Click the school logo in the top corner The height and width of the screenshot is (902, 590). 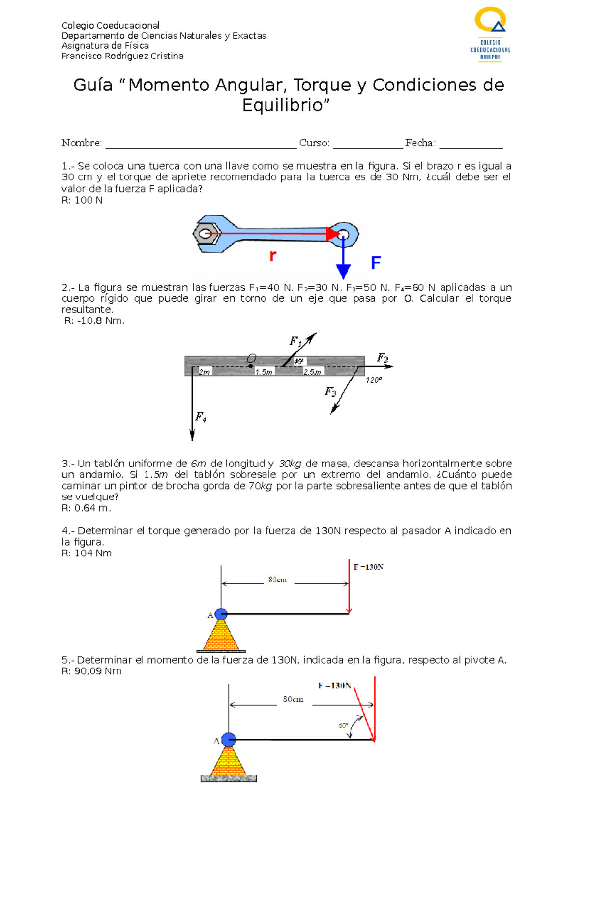(490, 34)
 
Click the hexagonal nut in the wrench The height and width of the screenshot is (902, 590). (206, 234)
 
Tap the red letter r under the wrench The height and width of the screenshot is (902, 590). (273, 256)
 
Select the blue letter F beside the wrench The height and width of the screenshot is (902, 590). (376, 263)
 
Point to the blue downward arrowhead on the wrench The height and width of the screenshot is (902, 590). (343, 271)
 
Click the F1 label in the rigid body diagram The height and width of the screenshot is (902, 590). (295, 341)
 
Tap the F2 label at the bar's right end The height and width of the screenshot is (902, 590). (383, 358)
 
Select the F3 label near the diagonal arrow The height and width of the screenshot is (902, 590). (330, 392)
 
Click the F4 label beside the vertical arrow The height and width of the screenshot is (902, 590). (201, 417)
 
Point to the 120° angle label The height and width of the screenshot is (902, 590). (374, 380)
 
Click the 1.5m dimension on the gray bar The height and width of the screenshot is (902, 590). (264, 372)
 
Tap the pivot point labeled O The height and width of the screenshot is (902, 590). (251, 366)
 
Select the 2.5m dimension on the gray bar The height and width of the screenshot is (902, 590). (312, 372)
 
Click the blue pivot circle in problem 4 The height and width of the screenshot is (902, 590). (221, 614)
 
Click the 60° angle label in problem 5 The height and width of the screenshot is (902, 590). (343, 726)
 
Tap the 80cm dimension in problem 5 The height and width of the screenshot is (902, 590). (293, 699)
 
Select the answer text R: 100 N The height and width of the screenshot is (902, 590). (82, 200)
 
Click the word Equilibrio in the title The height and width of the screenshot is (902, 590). (286, 105)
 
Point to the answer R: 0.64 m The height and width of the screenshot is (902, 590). (86, 508)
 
